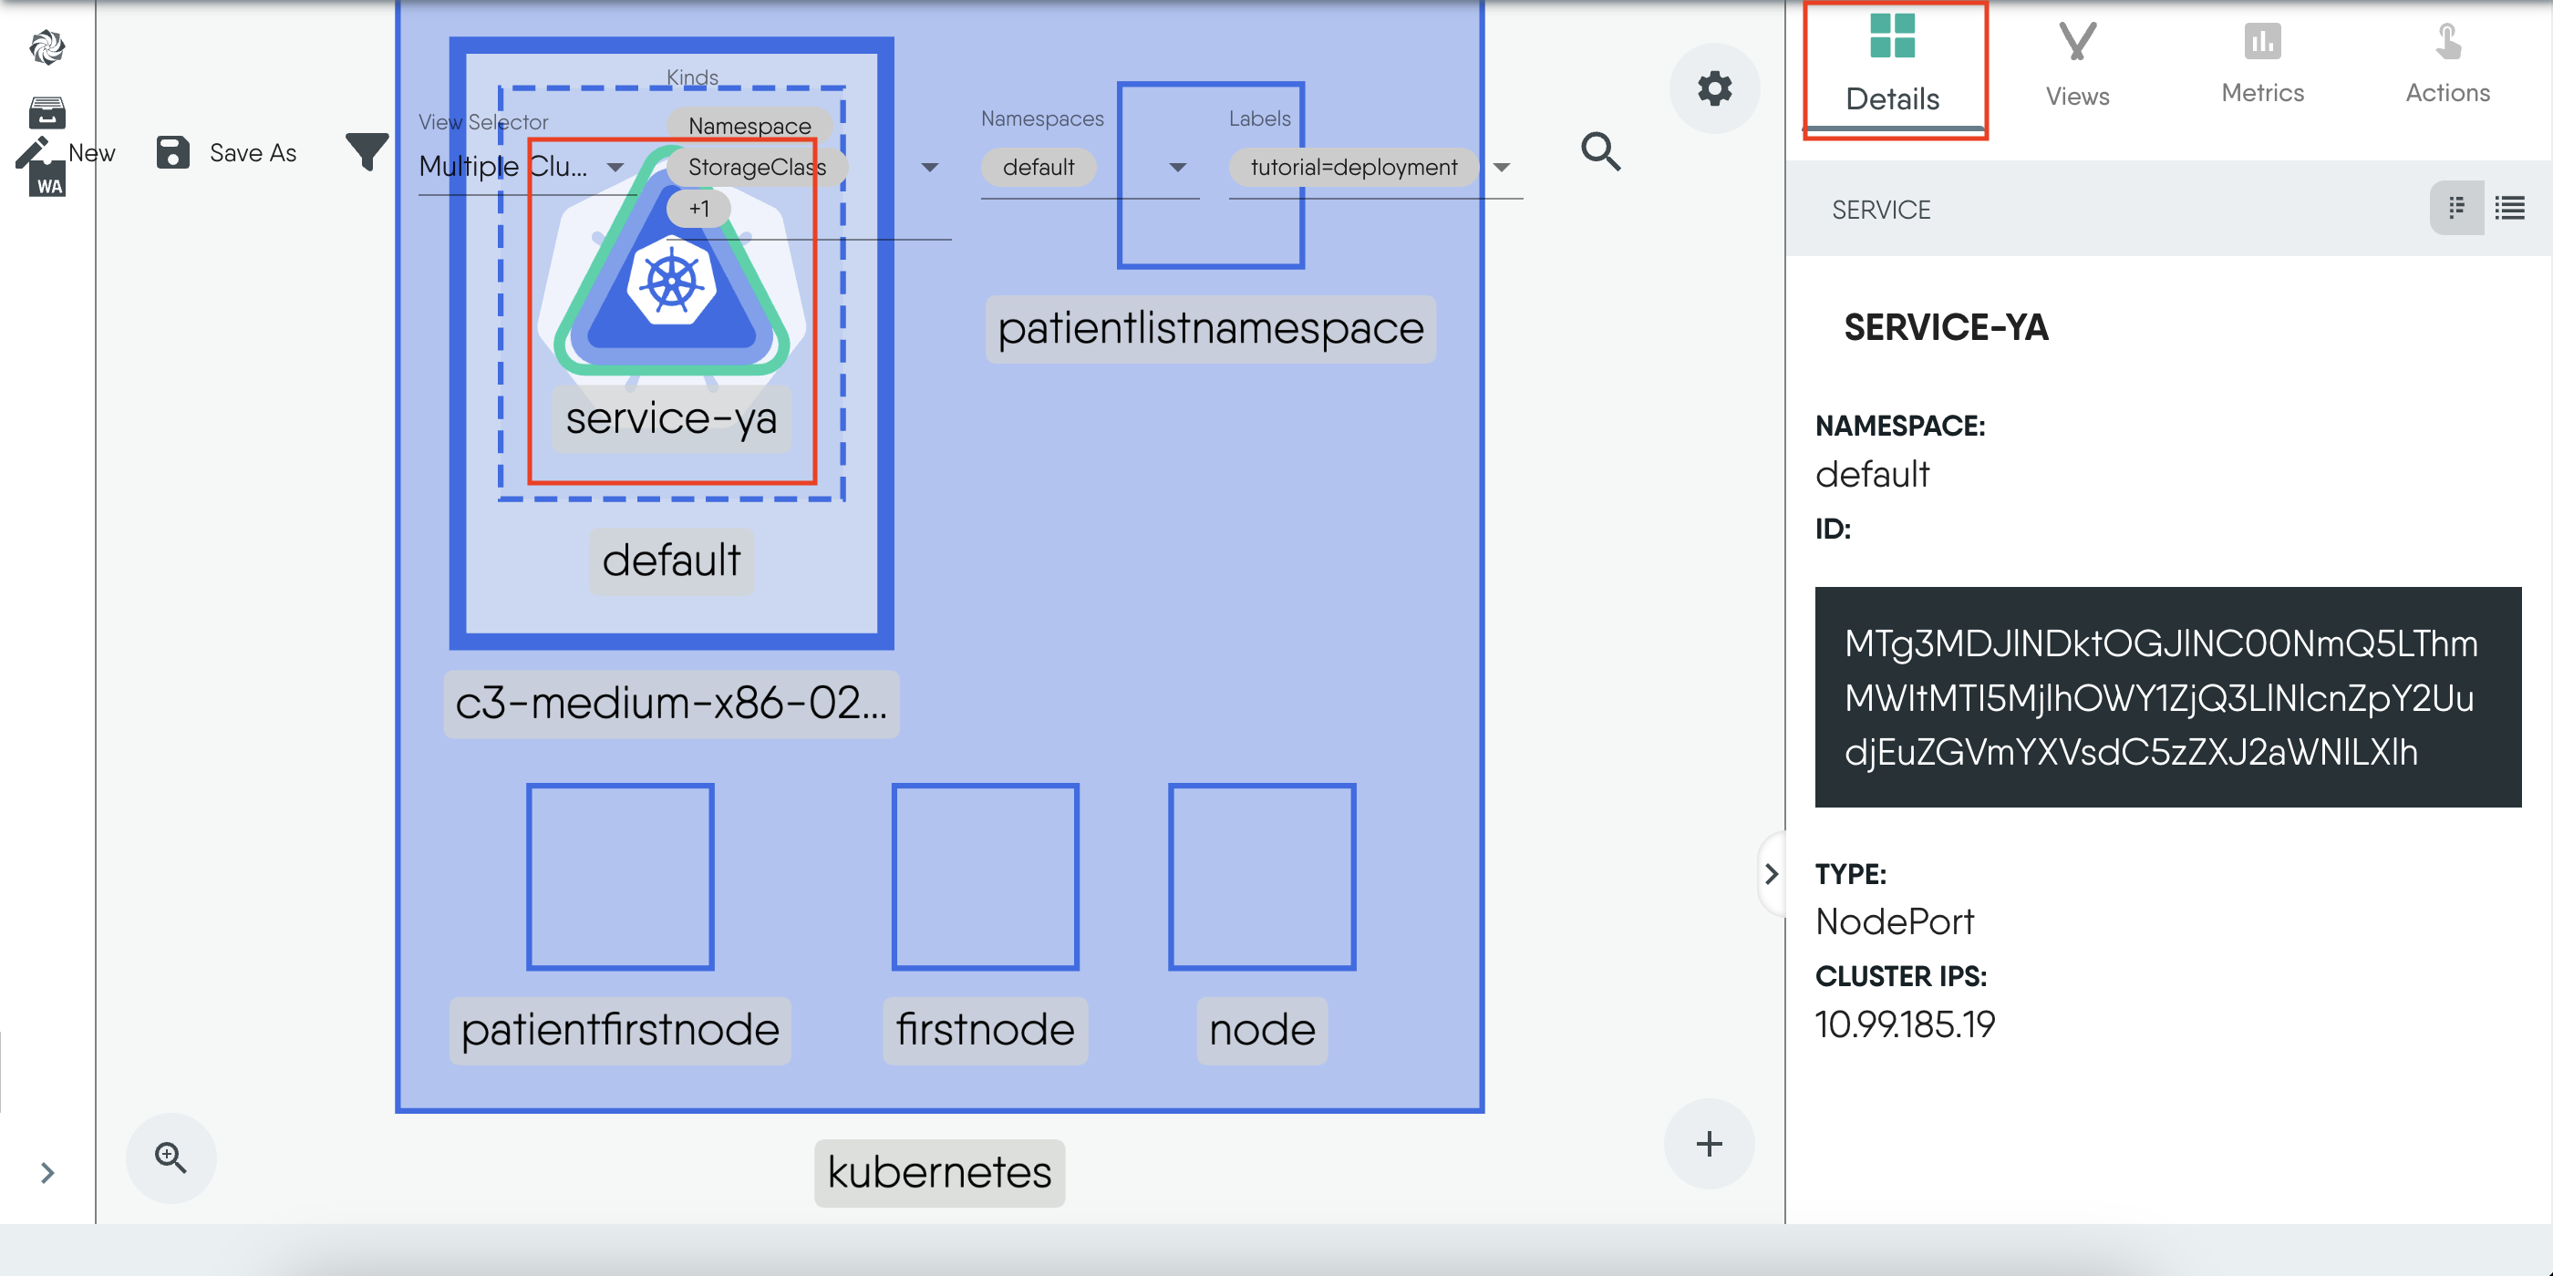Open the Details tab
(1893, 66)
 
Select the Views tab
(2077, 66)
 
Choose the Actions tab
(2447, 66)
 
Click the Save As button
(228, 152)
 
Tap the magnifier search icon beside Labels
(1600, 151)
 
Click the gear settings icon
(1714, 88)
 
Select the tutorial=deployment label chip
(1354, 168)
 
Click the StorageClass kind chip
(756, 168)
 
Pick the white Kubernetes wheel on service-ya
(672, 282)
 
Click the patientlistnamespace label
(1210, 329)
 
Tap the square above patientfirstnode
(620, 877)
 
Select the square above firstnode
(985, 877)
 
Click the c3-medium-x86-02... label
(671, 704)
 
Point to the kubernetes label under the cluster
(938, 1173)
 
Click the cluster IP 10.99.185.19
(1905, 1024)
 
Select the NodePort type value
(1895, 922)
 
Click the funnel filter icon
(367, 151)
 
